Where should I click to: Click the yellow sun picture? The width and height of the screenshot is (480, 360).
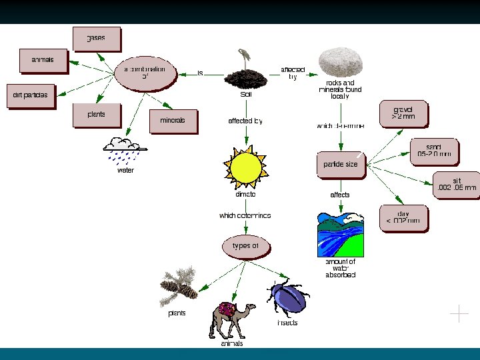pyautogui.click(x=245, y=167)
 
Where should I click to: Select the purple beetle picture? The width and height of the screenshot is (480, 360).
pyautogui.click(x=287, y=297)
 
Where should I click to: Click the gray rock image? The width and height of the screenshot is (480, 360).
pyautogui.click(x=341, y=64)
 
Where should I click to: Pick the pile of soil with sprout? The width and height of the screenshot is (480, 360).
pyautogui.click(x=245, y=74)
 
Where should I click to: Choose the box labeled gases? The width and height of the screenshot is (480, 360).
pyautogui.click(x=97, y=39)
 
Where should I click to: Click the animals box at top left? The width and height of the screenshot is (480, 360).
pyautogui.click(x=44, y=61)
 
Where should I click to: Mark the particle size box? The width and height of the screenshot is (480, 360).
pyautogui.click(x=341, y=165)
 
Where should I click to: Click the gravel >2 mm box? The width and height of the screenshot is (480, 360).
pyautogui.click(x=403, y=113)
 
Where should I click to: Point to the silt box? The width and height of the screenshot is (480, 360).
pyautogui.click(x=457, y=185)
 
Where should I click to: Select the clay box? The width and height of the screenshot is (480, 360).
pyautogui.click(x=403, y=218)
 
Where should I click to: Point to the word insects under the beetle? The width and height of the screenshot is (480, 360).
pyautogui.click(x=287, y=323)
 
